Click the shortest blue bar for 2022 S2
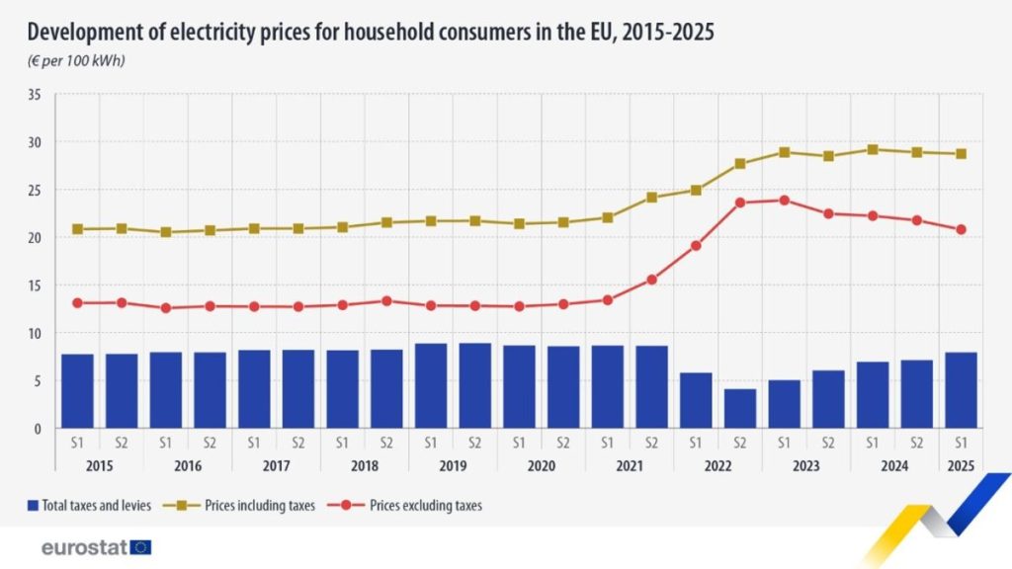click(x=740, y=409)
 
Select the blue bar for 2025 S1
click(x=961, y=390)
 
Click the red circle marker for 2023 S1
click(x=784, y=201)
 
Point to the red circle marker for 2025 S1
click(x=961, y=229)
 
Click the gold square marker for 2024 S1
click(x=873, y=150)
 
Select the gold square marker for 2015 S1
click(x=77, y=229)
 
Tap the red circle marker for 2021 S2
click(x=651, y=280)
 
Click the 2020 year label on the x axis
click(x=542, y=466)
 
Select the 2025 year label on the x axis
click(x=961, y=466)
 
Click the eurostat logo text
click(x=84, y=547)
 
